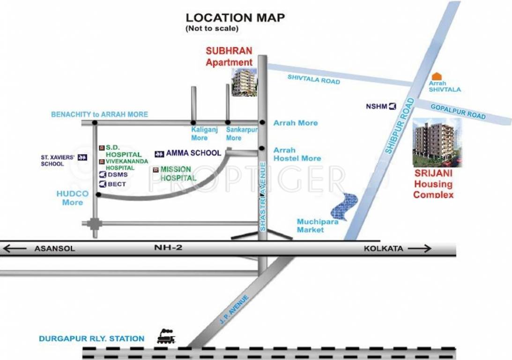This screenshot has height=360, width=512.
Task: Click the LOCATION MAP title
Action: point(235,18)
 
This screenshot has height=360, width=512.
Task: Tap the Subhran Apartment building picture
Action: point(245,82)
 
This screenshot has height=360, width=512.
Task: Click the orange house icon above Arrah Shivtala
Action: point(437,76)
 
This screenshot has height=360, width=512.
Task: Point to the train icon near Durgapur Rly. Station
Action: point(166,336)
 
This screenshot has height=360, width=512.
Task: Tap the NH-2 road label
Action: point(169,248)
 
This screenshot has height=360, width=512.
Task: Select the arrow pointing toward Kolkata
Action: point(419,248)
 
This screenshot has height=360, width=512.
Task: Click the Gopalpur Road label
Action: point(458,111)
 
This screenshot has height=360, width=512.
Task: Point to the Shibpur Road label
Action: point(400,126)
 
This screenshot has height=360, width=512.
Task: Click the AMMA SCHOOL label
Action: point(193,153)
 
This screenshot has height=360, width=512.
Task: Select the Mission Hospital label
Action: point(178,173)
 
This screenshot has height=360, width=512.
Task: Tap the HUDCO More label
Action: point(73,198)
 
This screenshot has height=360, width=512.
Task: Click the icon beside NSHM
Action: point(393,106)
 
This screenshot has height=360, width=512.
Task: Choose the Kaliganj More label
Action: point(200,134)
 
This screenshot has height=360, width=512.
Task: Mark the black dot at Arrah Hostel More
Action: point(260,150)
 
